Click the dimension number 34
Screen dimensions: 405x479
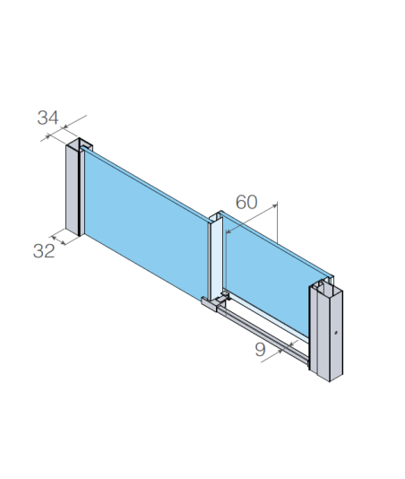(47, 118)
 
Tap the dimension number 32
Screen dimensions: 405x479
(44, 251)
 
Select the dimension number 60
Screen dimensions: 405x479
(246, 202)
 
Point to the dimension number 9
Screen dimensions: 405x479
(260, 350)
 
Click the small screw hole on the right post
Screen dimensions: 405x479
(336, 333)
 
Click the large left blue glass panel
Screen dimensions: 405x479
(145, 226)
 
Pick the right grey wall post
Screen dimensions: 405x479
(326, 330)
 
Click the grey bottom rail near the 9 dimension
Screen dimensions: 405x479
(263, 336)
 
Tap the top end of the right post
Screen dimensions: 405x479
(326, 284)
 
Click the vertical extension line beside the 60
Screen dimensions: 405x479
(277, 222)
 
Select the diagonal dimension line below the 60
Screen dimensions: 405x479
(252, 219)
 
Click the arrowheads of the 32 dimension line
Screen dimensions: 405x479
(58, 240)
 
